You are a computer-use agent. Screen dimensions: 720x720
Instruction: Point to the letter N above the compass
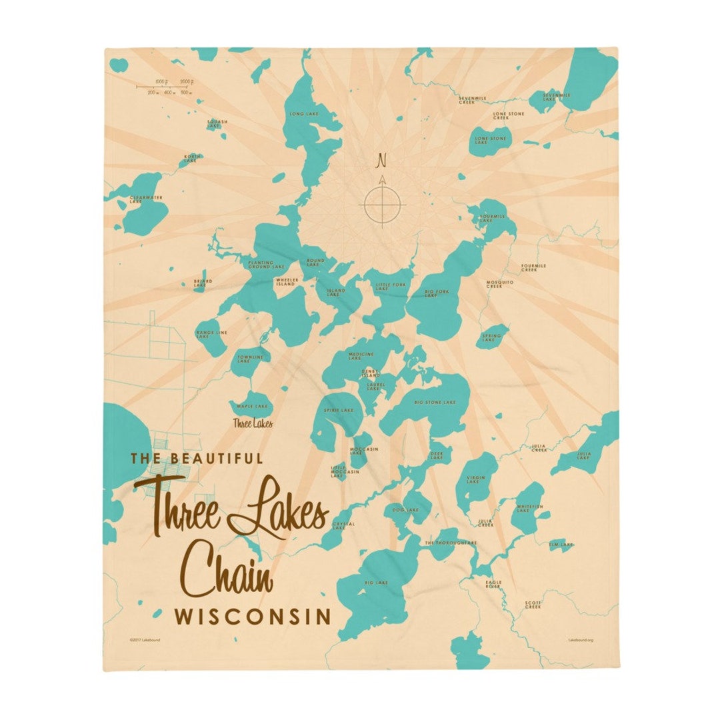coord(382,161)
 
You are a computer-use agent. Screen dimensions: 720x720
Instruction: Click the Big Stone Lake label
coord(435,403)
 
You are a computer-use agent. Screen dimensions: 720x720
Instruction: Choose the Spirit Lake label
coord(339,410)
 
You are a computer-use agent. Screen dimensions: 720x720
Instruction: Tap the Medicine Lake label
coord(361,356)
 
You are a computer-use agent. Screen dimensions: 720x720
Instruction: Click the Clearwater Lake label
coord(145,199)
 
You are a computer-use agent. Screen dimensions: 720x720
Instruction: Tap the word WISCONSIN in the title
coord(253,617)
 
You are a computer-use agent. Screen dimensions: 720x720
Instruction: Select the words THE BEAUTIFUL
coord(197,458)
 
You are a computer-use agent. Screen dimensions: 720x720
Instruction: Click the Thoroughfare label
coord(451,543)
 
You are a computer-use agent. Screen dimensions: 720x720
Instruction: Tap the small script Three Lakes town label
coord(252,423)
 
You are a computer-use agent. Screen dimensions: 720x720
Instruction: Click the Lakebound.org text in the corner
coord(580,639)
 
